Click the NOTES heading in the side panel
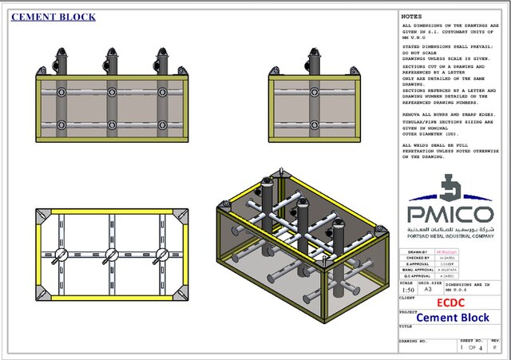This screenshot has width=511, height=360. pyautogui.click(x=411, y=16)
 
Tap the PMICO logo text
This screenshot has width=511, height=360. pyautogui.click(x=452, y=213)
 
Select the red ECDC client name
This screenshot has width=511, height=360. pyautogui.click(x=452, y=303)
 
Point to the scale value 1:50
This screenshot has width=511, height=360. pyautogui.click(x=407, y=289)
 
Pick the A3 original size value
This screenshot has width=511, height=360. pyautogui.click(x=428, y=289)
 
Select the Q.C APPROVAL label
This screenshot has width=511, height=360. pyautogui.click(x=417, y=276)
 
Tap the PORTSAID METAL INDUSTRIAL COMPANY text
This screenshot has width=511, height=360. pyautogui.click(x=452, y=235)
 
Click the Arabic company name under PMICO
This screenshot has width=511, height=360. pyautogui.click(x=452, y=228)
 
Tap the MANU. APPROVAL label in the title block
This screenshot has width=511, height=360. pyautogui.click(x=417, y=270)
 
